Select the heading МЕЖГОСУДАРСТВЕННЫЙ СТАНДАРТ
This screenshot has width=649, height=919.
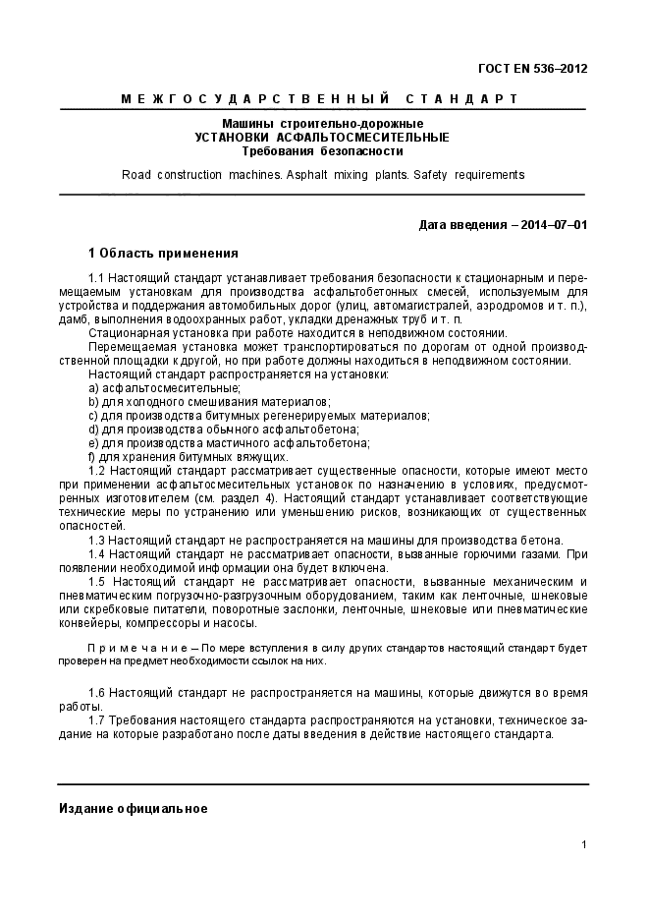pos(321,99)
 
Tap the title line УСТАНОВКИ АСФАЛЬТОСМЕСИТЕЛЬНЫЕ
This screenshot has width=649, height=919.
pos(322,138)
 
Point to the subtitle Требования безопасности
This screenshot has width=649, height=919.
pos(322,151)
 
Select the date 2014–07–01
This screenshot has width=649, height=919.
pos(555,224)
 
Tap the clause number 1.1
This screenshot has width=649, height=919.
pos(96,278)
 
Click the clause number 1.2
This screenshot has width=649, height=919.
pos(96,471)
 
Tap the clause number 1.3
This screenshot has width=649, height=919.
pos(96,540)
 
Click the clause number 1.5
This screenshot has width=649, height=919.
pos(96,582)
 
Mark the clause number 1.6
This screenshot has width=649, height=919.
pos(96,693)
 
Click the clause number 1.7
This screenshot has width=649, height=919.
pos(96,720)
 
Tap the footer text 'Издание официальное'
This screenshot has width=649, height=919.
pos(133,808)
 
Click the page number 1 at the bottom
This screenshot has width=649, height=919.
pos(583,845)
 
